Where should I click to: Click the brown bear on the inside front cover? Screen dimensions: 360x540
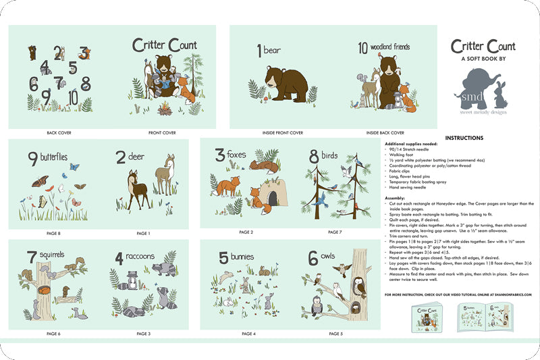pos(283,84)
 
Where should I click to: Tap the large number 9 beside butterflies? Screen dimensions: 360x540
pos(32,159)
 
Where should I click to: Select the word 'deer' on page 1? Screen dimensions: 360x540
pos(139,159)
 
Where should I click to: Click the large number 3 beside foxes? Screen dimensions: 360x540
pos(219,155)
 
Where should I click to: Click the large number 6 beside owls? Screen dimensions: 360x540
pos(313,257)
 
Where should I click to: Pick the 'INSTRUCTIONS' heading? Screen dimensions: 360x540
pos(464,138)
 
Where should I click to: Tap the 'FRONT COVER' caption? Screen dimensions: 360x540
pos(163,133)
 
